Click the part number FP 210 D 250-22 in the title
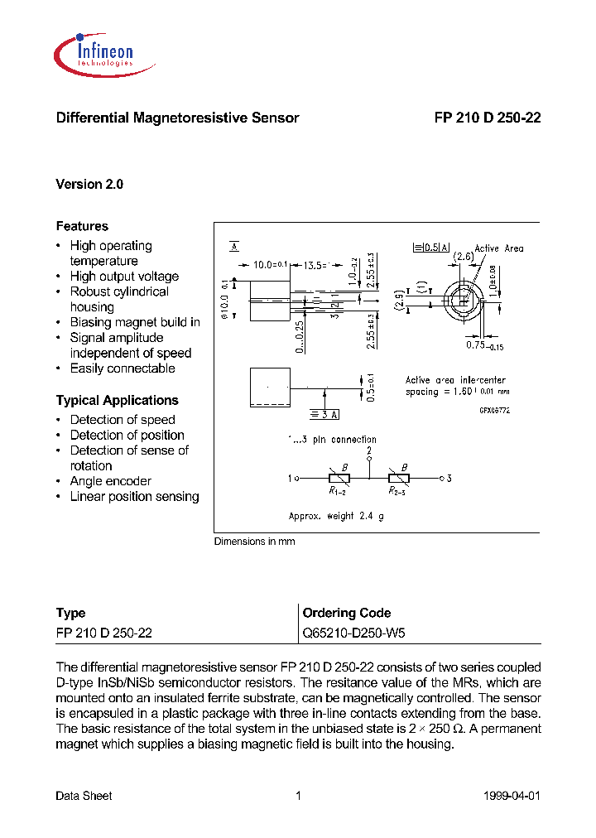(x=487, y=118)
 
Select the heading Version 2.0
(x=89, y=185)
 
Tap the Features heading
(x=82, y=226)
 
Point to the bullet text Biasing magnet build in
(x=135, y=322)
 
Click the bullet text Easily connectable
(x=123, y=368)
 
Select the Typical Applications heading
(x=117, y=401)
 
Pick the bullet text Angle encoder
(x=111, y=481)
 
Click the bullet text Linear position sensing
(x=134, y=497)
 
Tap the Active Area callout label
(x=498, y=248)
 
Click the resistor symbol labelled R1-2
(x=339, y=478)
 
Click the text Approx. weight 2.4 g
(x=336, y=516)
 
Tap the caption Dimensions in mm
(x=254, y=542)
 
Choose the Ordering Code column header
(x=347, y=614)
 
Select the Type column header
(x=70, y=614)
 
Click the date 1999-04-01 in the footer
(x=511, y=796)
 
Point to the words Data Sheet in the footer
(x=84, y=796)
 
